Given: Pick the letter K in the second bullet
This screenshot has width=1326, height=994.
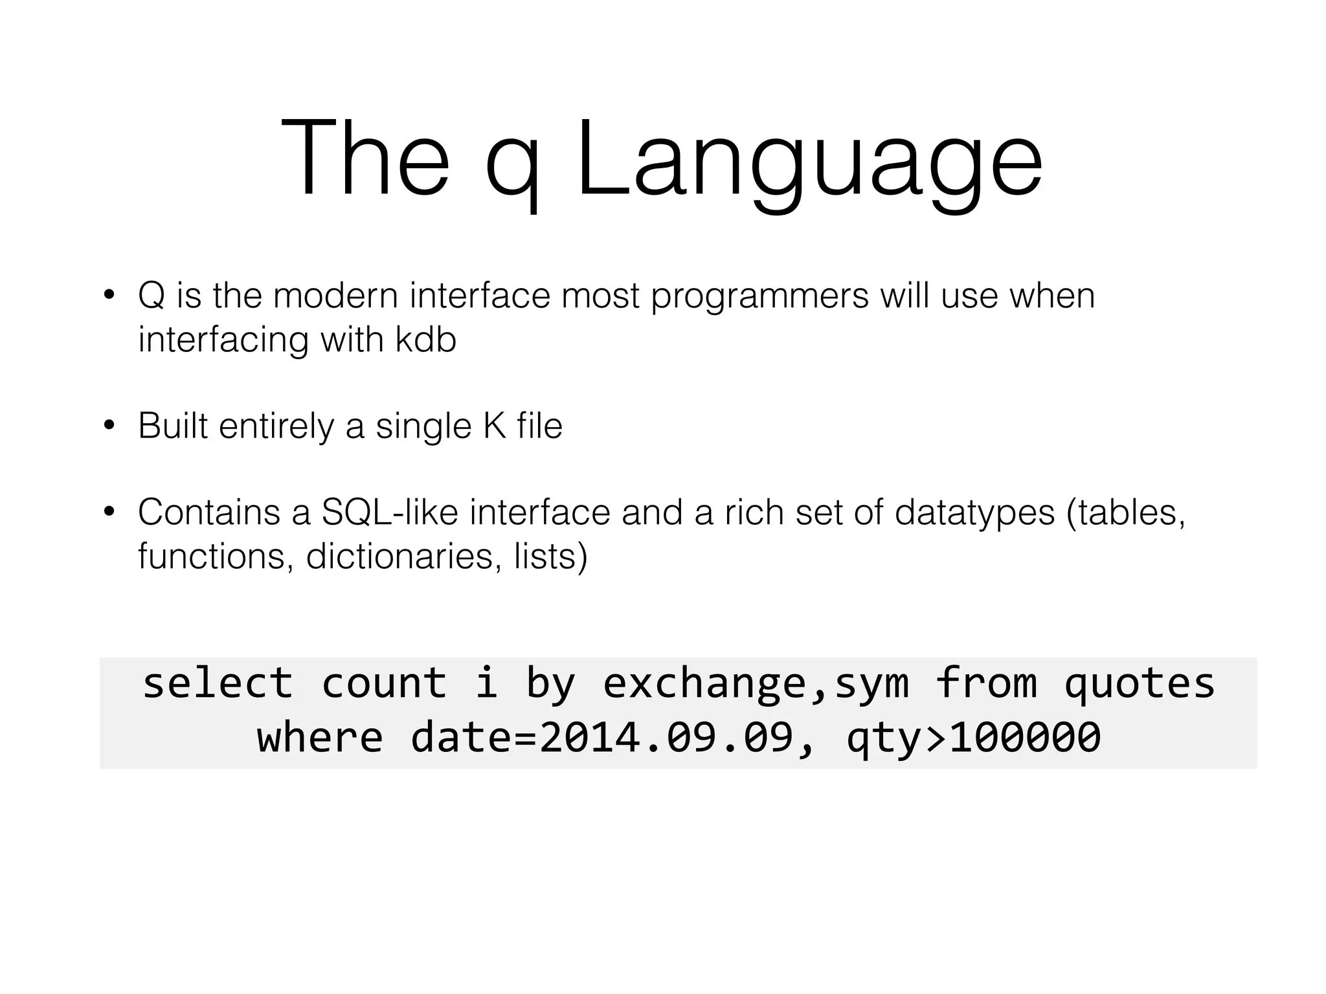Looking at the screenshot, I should pyautogui.click(x=494, y=426).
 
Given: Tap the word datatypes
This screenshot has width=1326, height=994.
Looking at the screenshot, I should pyautogui.click(x=974, y=513).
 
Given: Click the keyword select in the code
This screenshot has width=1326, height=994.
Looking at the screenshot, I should pyautogui.click(x=218, y=683).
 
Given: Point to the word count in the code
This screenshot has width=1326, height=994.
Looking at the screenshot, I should pyautogui.click(x=384, y=683).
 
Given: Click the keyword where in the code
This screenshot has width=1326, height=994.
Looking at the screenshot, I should pyautogui.click(x=320, y=738).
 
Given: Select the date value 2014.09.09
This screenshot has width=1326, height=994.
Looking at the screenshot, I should pyautogui.click(x=666, y=738).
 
